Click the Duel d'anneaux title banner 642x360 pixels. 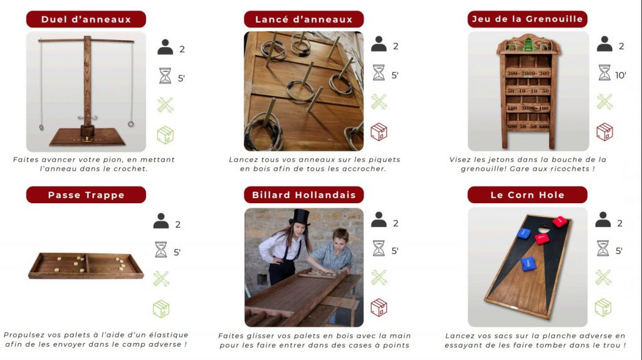[86, 19]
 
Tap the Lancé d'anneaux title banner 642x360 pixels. [304, 19]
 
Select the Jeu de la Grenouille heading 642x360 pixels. [527, 19]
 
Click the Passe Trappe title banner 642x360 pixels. [86, 195]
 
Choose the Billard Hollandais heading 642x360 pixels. [304, 195]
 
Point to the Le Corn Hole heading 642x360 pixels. [527, 195]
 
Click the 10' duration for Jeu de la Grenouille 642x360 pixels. [620, 75]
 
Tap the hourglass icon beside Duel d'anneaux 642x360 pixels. [165, 76]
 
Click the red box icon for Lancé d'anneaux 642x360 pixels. [379, 132]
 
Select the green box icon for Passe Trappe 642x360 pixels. [161, 309]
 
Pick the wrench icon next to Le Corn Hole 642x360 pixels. [603, 277]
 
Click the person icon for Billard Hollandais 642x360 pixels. [379, 220]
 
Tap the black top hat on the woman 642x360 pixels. [300, 217]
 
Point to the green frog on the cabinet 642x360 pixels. [528, 44]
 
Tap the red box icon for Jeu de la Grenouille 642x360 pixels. [604, 132]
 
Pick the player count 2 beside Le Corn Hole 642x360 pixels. [620, 223]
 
